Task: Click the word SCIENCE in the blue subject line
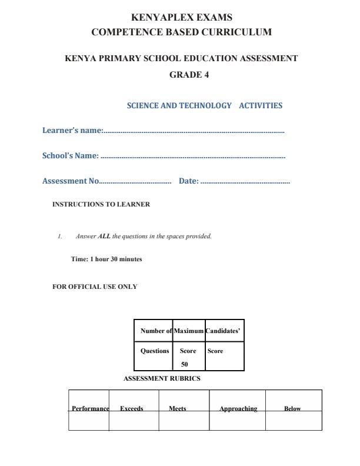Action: point(143,106)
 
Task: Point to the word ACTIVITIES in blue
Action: point(261,106)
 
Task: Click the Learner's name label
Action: point(72,131)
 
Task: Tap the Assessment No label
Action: point(71,181)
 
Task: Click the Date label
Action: point(188,181)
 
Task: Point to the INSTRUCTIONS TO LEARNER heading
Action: point(101,205)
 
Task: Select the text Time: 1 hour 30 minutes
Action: point(106,259)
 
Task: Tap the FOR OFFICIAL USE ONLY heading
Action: point(95,287)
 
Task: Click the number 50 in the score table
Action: point(184,364)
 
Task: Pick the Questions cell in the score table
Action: point(155,351)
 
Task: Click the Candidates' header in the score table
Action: point(223,331)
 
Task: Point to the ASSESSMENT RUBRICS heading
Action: point(162,378)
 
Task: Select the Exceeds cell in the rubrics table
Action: point(132,408)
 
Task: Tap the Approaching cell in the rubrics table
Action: point(238,408)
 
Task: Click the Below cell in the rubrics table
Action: point(292,408)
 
